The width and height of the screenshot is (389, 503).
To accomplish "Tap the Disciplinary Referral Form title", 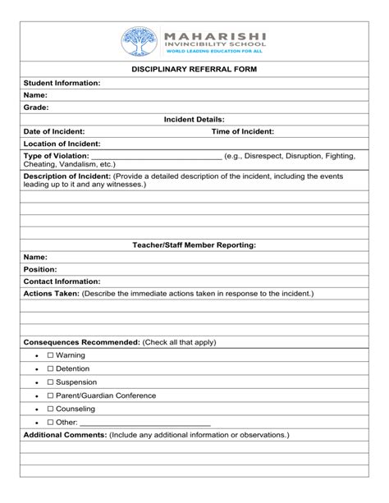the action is pos(194,70).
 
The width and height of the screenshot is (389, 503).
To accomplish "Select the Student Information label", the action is pos(62,83).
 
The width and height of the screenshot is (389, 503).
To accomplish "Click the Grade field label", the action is pos(36,107).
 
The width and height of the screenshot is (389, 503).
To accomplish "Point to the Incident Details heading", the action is pos(194,119).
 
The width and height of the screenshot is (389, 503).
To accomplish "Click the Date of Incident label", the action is pos(54,131).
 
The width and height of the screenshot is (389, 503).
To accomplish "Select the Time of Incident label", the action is pos(243,131).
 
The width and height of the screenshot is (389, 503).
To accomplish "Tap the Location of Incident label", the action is pos(62,144).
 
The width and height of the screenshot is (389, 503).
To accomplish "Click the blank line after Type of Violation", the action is pos(156,157).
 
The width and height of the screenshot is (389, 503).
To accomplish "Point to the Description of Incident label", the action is pos(66,176).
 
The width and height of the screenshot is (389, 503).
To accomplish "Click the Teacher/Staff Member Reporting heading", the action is pos(194,245).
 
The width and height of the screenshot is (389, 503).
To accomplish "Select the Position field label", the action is pos(40,269).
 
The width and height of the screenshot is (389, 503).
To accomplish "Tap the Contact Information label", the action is pos(62,281).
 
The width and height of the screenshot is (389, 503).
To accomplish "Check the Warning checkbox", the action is pos(50,355).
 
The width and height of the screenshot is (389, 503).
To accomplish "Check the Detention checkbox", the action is pos(50,368).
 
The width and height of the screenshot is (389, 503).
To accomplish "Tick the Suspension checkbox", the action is pos(50,382).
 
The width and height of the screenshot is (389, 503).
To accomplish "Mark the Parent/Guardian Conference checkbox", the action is pos(50,395).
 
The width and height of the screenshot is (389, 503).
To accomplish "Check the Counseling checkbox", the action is pos(50,408).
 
